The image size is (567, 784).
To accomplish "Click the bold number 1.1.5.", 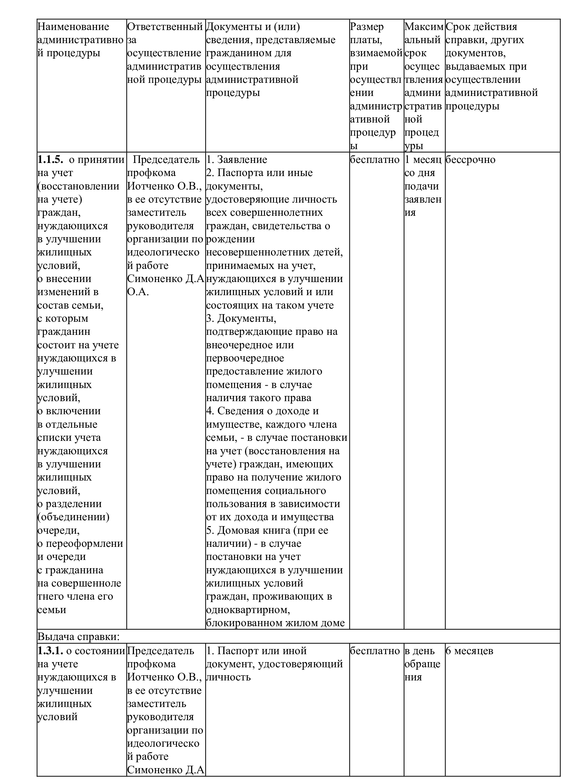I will click(x=50, y=159).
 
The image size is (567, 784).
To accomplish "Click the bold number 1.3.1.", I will click(x=50, y=650).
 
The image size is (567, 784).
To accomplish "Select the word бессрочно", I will click(x=470, y=159).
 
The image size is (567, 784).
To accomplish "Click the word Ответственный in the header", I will click(x=165, y=27).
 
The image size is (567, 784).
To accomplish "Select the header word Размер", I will click(x=366, y=27).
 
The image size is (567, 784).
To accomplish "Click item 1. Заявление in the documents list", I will click(x=237, y=159).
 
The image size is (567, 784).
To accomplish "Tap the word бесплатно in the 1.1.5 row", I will click(x=374, y=159).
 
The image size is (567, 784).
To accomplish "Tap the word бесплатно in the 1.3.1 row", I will click(x=374, y=650).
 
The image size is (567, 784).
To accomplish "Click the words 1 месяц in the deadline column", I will click(x=423, y=159).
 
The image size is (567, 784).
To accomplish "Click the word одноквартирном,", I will click(x=248, y=609).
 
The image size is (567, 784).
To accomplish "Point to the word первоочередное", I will click(x=245, y=358).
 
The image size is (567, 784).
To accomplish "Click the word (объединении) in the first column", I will click(x=73, y=517).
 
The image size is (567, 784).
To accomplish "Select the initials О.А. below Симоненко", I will click(x=138, y=292).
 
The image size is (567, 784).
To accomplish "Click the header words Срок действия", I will click(x=481, y=27).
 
